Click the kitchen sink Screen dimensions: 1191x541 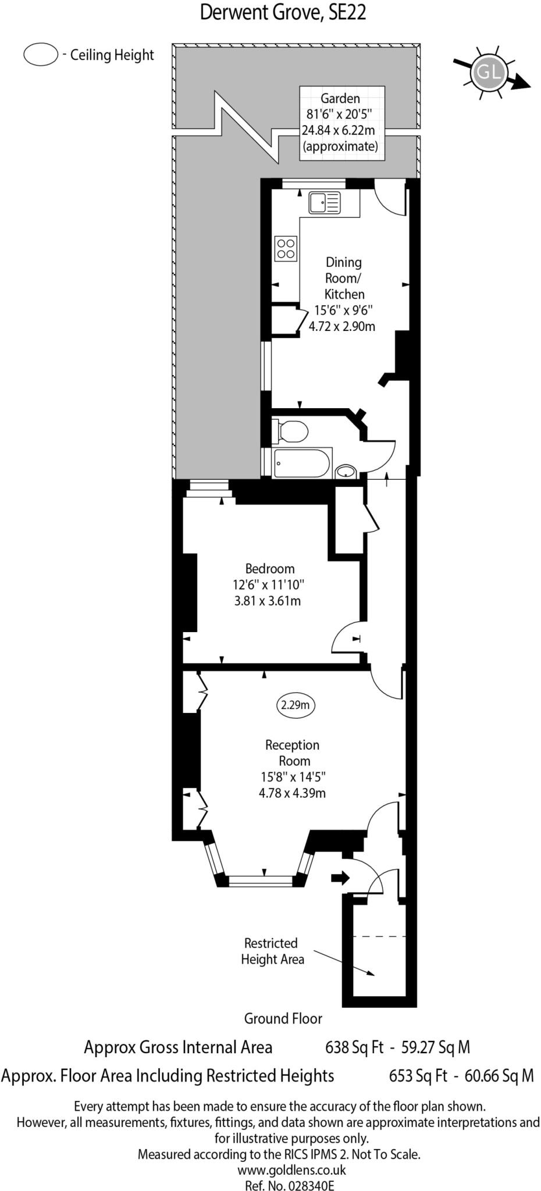[x=324, y=203]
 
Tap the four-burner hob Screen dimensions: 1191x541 [x=286, y=248]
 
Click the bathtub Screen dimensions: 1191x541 [x=302, y=463]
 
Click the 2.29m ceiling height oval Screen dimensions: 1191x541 [x=295, y=705]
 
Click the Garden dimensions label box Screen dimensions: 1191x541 [x=341, y=122]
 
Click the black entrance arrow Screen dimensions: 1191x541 [x=340, y=877]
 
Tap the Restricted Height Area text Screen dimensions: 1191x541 [x=272, y=951]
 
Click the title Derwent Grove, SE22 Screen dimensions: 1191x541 [x=283, y=12]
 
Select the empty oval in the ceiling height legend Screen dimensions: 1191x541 [x=40, y=55]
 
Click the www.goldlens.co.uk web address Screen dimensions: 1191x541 [x=291, y=1169]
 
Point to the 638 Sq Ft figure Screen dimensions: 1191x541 [x=354, y=1047]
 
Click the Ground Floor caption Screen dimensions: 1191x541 [x=283, y=1018]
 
